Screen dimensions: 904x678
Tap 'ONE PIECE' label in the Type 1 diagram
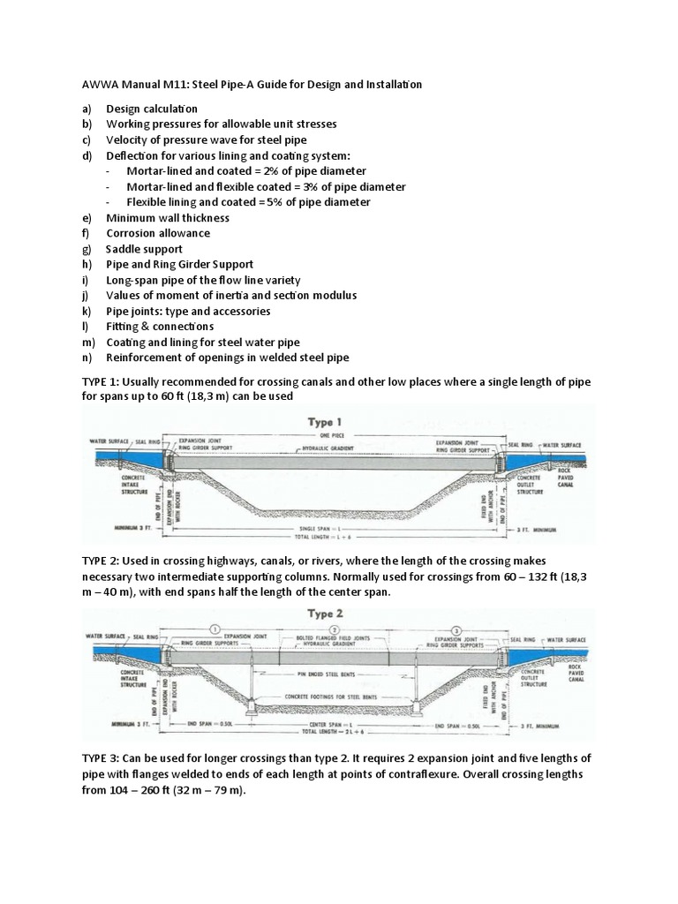pyautogui.click(x=331, y=436)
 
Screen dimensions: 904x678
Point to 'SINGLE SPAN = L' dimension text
pyautogui.click(x=328, y=528)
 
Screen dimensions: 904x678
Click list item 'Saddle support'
pyautogui.click(x=145, y=249)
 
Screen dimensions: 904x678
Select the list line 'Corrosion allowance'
pyautogui.click(x=157, y=233)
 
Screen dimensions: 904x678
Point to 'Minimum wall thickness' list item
pyautogui.click(x=168, y=218)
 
